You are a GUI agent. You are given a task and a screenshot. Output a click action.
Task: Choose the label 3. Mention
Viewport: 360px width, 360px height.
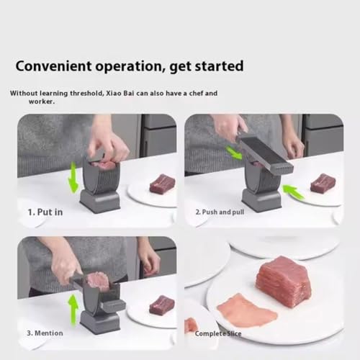pos(45,333)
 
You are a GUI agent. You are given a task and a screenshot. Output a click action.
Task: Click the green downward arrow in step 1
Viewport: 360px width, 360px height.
pos(73,176)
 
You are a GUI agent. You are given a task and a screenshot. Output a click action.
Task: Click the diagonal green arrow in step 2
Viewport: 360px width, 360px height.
pos(235,153)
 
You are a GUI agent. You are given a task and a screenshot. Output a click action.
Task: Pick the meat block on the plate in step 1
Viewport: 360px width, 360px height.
pos(162,184)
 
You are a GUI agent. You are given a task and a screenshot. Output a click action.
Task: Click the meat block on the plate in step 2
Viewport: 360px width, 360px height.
pos(323,183)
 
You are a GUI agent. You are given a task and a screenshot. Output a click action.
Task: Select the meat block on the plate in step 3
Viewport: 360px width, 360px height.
pos(161,305)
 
